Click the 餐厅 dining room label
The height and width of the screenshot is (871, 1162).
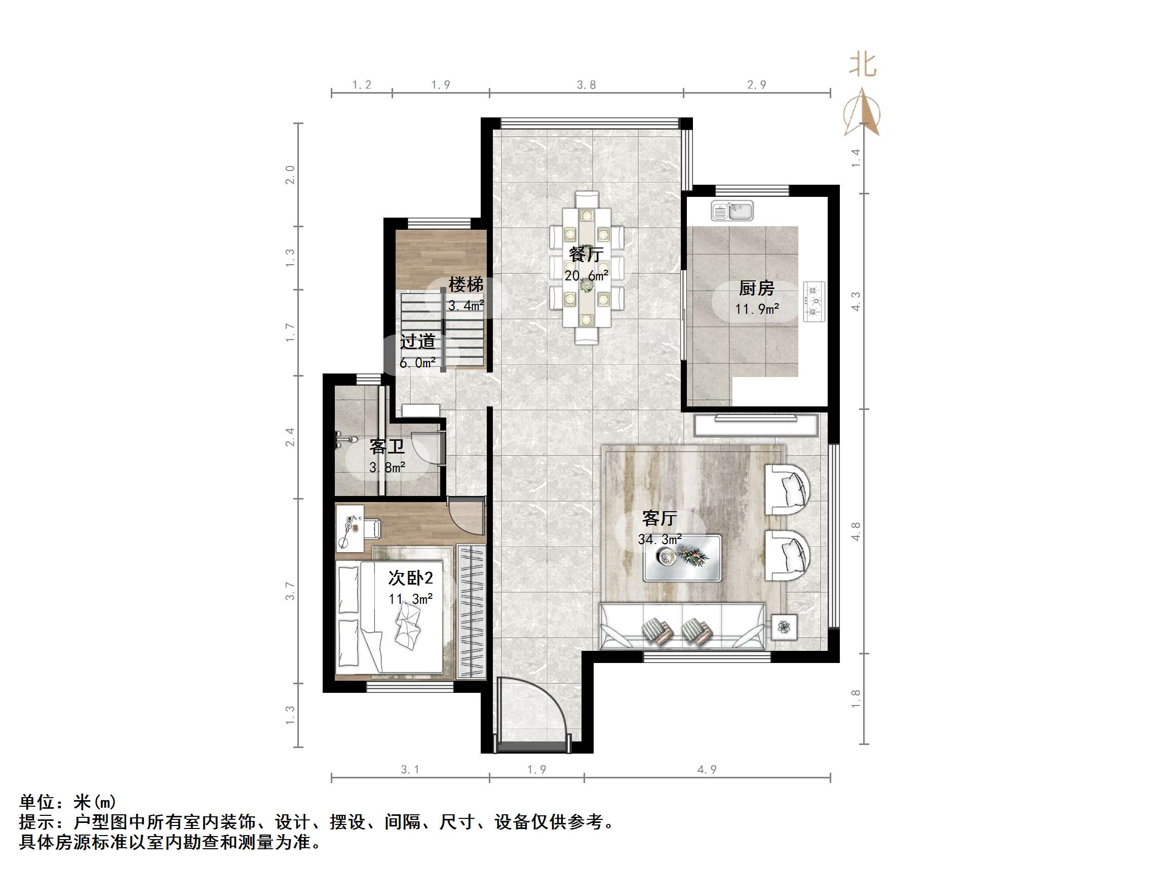[x=586, y=254]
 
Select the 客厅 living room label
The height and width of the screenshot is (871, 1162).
[x=660, y=518]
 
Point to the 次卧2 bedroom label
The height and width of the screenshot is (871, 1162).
[x=410, y=577]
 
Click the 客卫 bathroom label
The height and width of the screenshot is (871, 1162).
[x=386, y=446]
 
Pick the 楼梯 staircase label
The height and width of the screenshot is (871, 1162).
[x=466, y=284]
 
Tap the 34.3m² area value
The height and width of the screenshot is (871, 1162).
[x=660, y=538]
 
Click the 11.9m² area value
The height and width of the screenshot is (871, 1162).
[x=756, y=309]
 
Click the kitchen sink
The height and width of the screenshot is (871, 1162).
[x=732, y=211]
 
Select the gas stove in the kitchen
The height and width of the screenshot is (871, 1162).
[x=814, y=301]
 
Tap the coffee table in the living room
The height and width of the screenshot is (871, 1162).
[x=682, y=558]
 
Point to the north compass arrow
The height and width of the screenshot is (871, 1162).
[x=862, y=112]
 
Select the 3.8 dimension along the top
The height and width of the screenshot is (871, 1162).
[x=586, y=85]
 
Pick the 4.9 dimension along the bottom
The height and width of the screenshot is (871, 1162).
[x=707, y=770]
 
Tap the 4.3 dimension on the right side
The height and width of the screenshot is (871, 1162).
[x=856, y=301]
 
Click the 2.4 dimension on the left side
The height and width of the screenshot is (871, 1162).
[x=290, y=437]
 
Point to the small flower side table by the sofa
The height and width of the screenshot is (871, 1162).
[x=784, y=627]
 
